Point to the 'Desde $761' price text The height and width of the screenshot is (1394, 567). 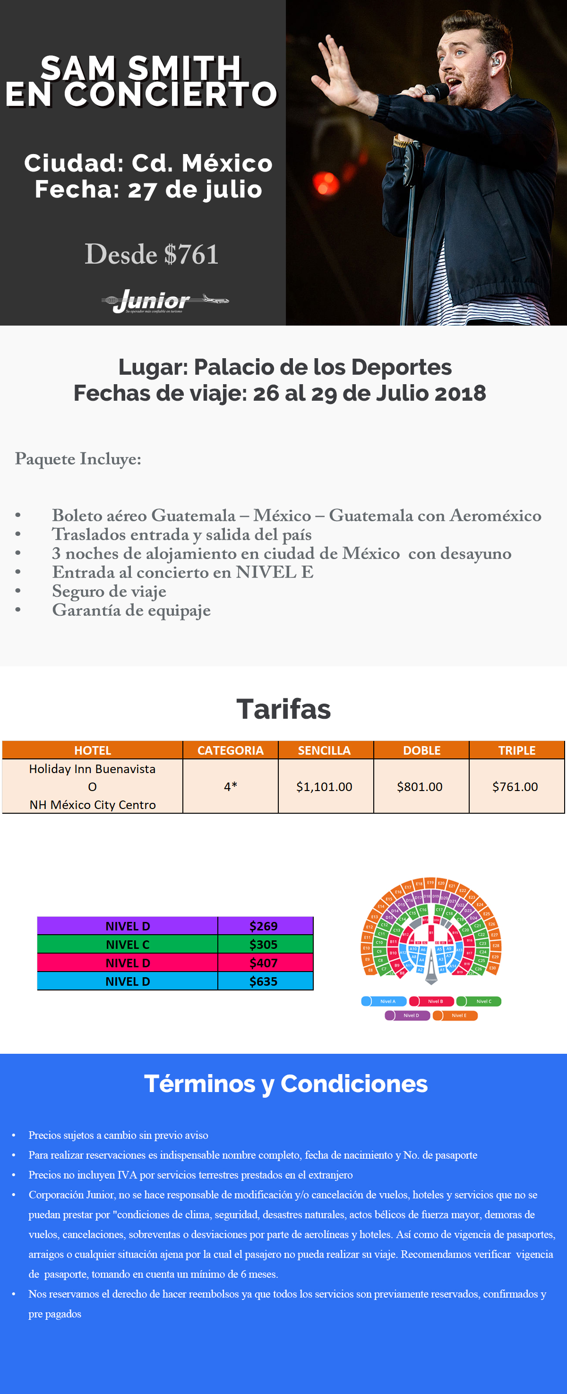click(152, 254)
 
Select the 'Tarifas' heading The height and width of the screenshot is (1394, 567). click(283, 709)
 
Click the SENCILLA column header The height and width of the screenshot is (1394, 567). click(325, 750)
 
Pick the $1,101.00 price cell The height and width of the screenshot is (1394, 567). click(325, 786)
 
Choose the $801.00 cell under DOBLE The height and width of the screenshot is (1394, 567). click(420, 786)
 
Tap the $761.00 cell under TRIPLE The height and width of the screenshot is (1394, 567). click(515, 786)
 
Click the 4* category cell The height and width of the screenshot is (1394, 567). click(231, 786)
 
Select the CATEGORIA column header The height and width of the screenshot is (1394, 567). click(231, 750)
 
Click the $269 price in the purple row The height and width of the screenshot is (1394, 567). click(264, 926)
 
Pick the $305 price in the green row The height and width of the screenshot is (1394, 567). click(264, 944)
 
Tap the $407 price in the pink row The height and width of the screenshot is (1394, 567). click(264, 963)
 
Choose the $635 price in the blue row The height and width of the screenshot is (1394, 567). click(264, 981)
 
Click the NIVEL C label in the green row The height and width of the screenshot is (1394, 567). click(128, 944)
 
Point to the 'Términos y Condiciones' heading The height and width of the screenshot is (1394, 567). click(286, 1084)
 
